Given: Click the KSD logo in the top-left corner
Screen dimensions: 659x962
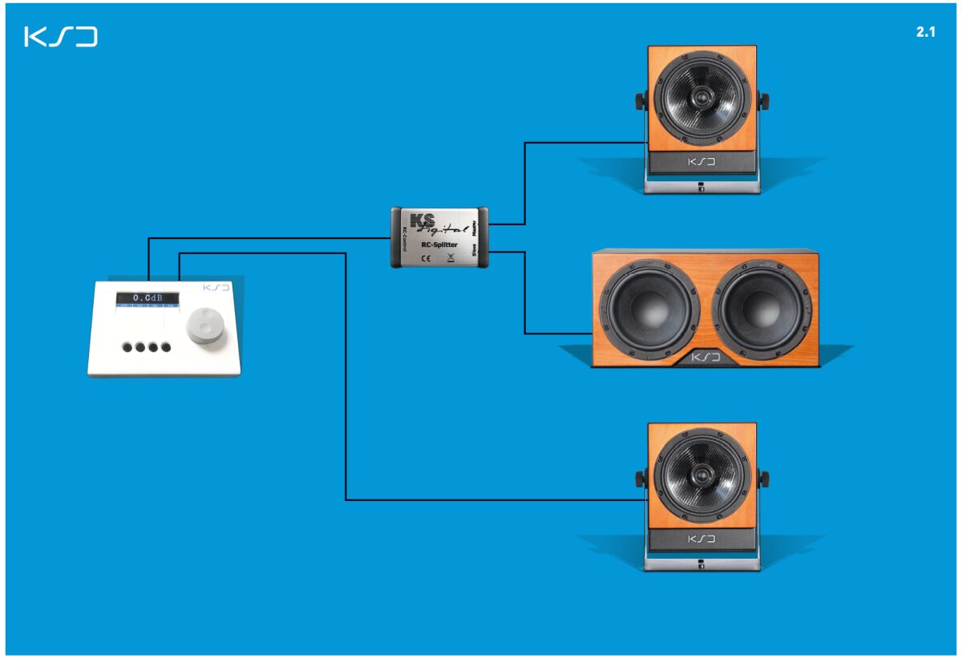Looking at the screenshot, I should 61,37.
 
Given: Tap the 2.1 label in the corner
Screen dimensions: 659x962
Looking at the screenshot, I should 926,33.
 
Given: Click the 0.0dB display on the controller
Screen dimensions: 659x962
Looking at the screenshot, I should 148,298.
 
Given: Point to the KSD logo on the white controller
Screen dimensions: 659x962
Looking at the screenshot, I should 216,286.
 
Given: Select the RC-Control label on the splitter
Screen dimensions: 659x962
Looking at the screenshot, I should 403,237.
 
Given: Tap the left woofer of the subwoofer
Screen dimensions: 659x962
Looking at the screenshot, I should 649,309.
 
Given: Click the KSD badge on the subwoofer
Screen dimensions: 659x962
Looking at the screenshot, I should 705,357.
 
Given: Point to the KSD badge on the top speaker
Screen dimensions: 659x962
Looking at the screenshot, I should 701,163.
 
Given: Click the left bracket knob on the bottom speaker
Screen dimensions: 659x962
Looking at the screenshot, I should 641,479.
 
